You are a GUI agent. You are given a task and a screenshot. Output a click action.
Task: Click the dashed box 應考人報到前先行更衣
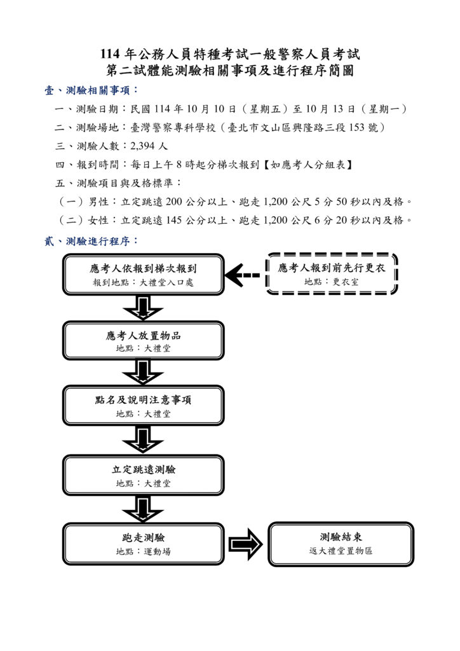pos(331,274)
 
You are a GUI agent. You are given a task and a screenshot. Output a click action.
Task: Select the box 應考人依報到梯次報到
pos(143,275)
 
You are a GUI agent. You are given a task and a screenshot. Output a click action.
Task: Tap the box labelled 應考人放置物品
pos(143,341)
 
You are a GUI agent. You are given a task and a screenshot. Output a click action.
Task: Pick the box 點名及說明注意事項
pos(143,406)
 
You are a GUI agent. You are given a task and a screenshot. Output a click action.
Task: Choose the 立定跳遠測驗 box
pos(143,476)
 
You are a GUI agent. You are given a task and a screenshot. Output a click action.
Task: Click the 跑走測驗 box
pos(143,544)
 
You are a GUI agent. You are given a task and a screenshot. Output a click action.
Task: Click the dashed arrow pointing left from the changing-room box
pos(243,275)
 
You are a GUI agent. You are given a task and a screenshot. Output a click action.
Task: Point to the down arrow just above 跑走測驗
pos(143,509)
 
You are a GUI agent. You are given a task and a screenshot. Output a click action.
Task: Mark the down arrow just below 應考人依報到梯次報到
pos(143,308)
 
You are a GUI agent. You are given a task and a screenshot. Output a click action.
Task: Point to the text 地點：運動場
pos(143,551)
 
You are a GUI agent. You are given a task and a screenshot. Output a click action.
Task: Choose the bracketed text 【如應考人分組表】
pos(308,165)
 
